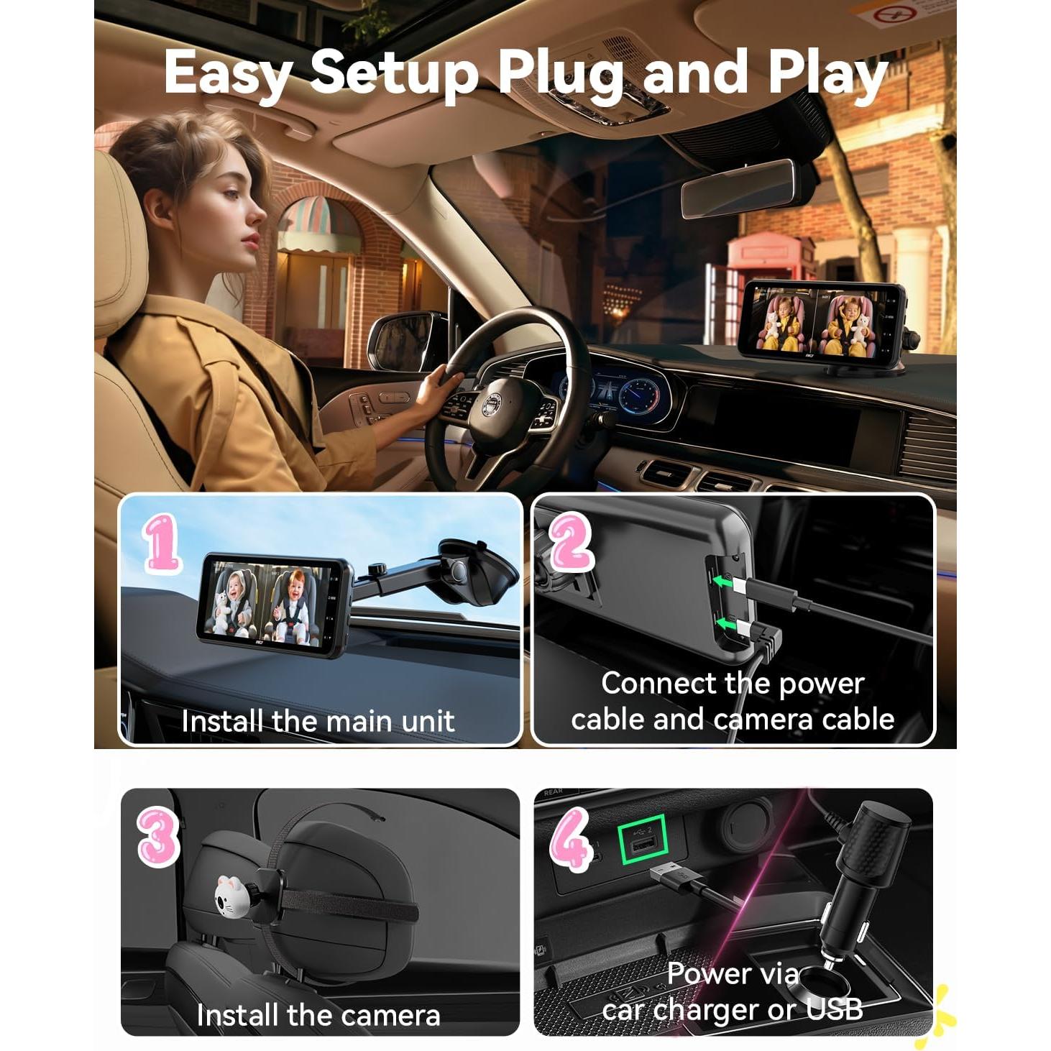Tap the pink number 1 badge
162,543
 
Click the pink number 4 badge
570,838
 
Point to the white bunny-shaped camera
231,896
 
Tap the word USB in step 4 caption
834,1009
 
